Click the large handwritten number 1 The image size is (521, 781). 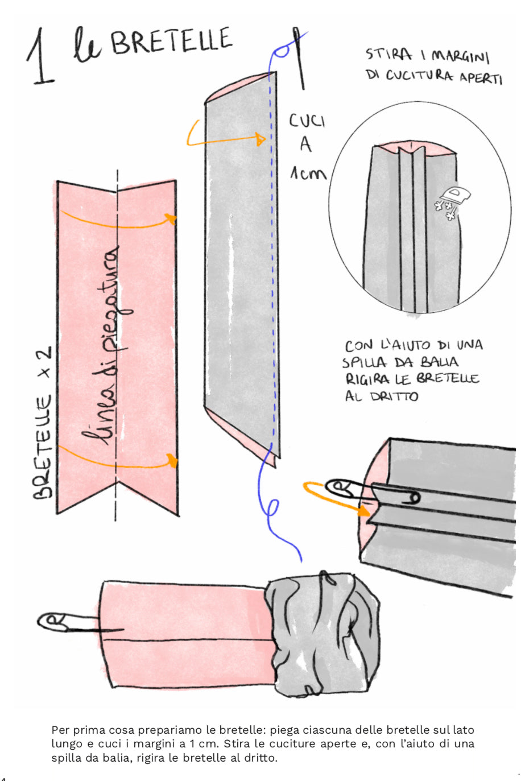(41, 57)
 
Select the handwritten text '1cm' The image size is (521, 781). (308, 172)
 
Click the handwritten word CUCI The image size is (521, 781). (307, 121)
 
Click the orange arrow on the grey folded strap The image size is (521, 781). (225, 137)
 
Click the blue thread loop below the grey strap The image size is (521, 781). (273, 506)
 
